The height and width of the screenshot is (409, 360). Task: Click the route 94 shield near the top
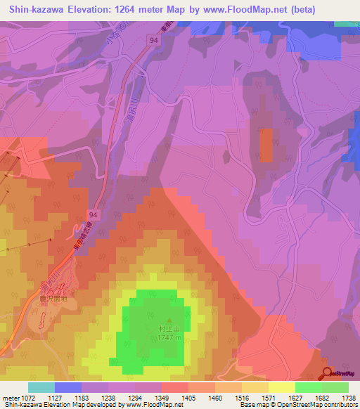point(153,41)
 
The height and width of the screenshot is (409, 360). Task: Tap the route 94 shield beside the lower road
point(94,212)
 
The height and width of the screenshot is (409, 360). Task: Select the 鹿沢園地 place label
point(53,298)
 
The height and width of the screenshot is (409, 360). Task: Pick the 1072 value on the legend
point(26,397)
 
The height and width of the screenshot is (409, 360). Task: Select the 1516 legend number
point(229,397)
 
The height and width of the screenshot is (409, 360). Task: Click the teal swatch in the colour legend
point(41,387)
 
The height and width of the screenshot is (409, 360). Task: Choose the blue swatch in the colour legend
point(67,387)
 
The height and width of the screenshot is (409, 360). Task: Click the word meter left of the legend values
point(9,397)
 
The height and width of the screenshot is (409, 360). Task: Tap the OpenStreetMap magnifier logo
point(327,373)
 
